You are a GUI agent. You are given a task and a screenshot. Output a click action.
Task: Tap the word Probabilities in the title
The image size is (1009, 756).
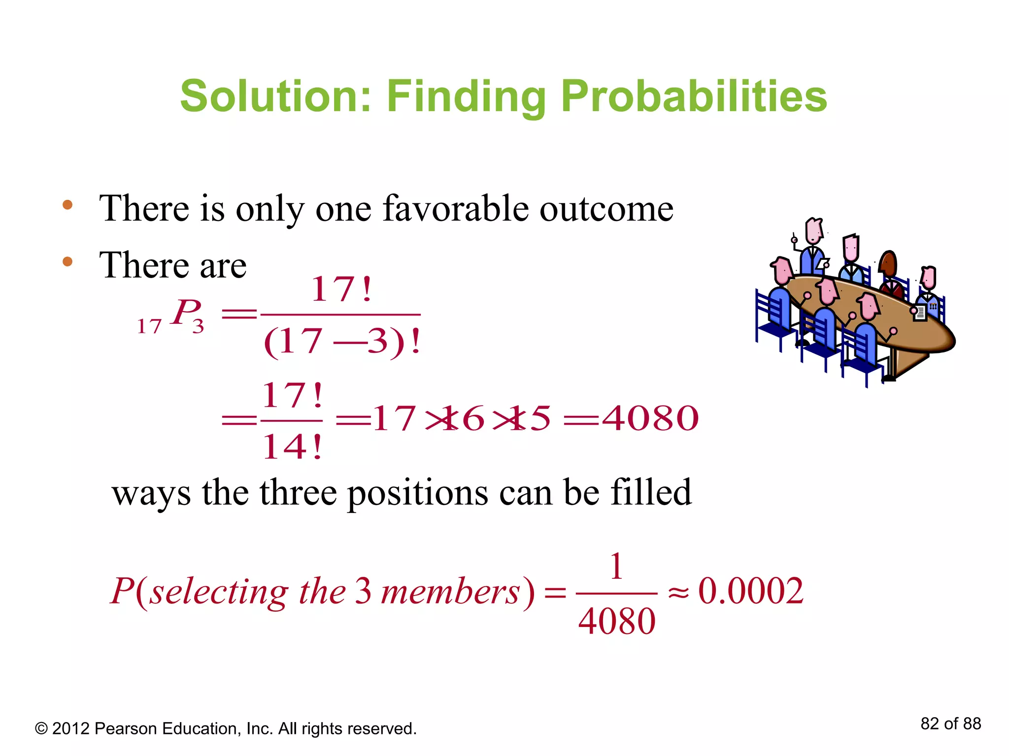[694, 97]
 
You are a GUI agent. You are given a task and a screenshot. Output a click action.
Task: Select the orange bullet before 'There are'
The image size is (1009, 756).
[67, 261]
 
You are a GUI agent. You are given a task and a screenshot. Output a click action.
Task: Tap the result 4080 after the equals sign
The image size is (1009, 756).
[650, 418]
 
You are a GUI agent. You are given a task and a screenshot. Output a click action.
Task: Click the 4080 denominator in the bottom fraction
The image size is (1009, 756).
[616, 621]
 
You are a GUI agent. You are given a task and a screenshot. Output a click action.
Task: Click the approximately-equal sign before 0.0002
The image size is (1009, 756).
[678, 593]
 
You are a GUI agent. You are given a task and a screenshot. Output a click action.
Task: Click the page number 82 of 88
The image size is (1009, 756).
[950, 724]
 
